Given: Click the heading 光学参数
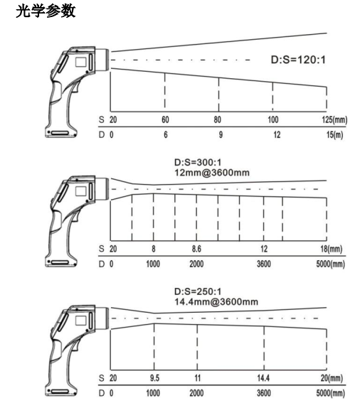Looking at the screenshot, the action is pyautogui.click(x=46, y=11).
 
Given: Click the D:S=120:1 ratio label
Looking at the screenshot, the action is pyautogui.click(x=298, y=60).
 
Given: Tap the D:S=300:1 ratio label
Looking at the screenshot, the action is pyautogui.click(x=198, y=162).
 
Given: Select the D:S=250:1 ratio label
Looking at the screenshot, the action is pyautogui.click(x=198, y=291).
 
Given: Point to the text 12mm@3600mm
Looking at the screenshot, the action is pyautogui.click(x=212, y=173).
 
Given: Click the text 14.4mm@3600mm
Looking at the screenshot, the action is pyautogui.click(x=216, y=301).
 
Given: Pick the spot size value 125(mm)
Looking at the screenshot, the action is pyautogui.click(x=334, y=119).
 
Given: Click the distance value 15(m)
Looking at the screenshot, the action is pyautogui.click(x=334, y=135).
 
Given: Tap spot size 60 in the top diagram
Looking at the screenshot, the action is pyautogui.click(x=165, y=119).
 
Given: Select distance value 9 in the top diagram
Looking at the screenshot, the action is pyautogui.click(x=221, y=135).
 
